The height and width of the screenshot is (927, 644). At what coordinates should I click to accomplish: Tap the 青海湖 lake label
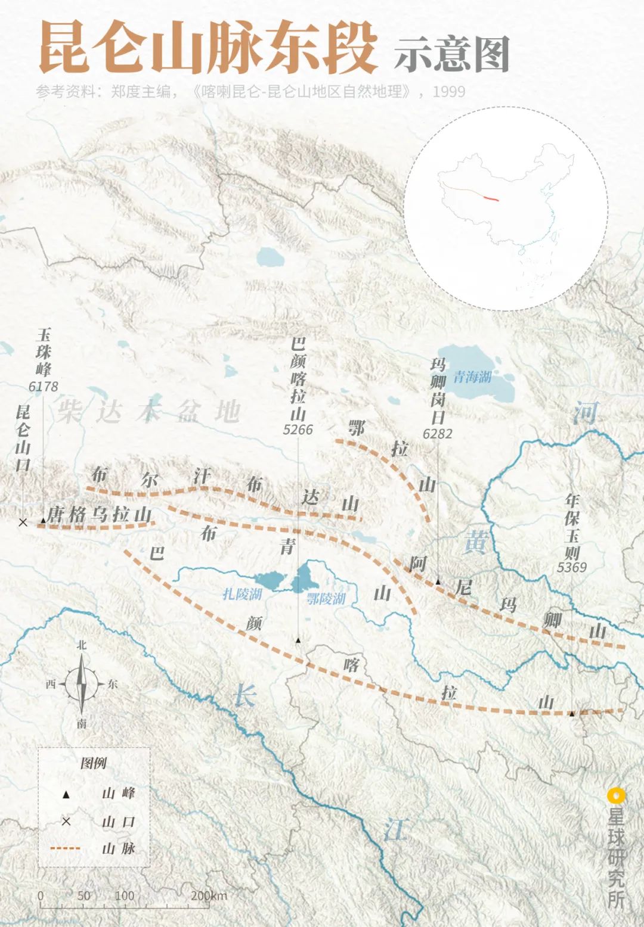(x=472, y=377)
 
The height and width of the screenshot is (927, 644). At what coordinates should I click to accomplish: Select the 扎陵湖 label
(x=242, y=593)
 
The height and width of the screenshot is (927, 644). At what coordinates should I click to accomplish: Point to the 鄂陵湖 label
(x=326, y=598)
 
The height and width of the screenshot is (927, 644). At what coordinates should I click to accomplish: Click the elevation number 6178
(x=44, y=387)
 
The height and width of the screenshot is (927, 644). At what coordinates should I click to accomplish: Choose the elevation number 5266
(x=298, y=430)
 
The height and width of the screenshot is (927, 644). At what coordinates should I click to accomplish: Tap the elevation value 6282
(x=438, y=434)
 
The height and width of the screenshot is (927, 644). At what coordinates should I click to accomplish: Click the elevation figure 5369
(x=572, y=567)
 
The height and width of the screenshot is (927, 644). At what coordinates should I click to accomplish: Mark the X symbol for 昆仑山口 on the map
(x=23, y=522)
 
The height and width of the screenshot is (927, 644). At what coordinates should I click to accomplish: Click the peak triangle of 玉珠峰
(x=44, y=521)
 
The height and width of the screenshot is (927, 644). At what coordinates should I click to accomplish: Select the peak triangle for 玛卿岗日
(x=438, y=581)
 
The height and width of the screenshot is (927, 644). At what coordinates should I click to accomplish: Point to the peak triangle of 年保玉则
(x=571, y=713)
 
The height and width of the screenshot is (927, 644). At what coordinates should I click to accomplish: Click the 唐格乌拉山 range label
(x=99, y=514)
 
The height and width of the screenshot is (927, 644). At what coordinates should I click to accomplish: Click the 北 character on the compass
(x=82, y=645)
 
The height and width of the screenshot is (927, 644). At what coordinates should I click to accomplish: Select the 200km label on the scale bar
(x=209, y=895)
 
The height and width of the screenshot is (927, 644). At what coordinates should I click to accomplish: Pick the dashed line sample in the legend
(x=66, y=848)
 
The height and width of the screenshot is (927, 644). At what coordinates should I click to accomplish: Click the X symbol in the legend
(x=66, y=822)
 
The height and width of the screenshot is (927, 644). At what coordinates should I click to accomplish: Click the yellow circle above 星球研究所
(x=615, y=795)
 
